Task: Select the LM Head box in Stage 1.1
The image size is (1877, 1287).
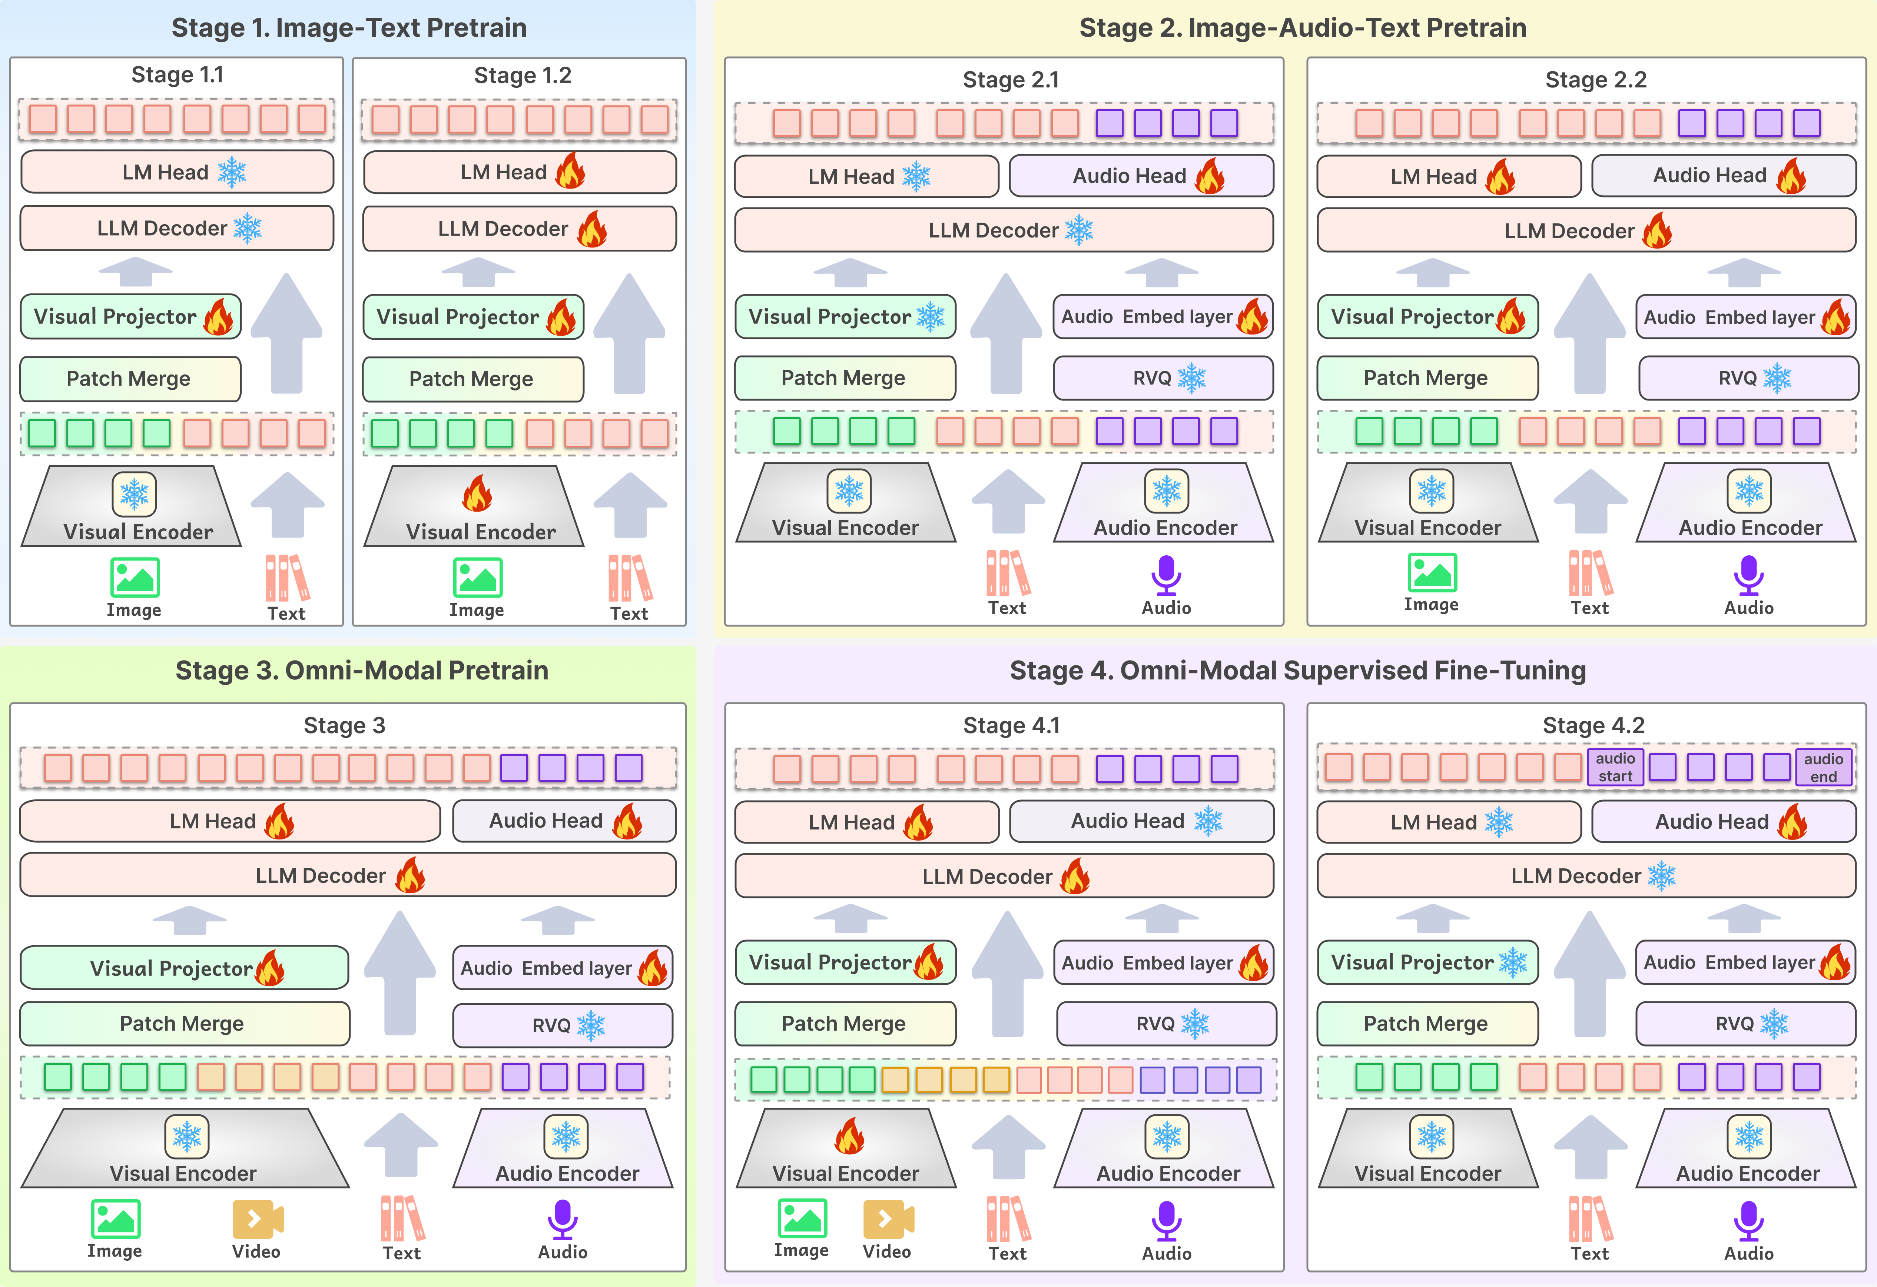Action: (177, 172)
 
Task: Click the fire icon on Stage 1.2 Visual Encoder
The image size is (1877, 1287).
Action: (477, 493)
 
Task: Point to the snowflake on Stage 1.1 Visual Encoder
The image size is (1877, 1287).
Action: (134, 493)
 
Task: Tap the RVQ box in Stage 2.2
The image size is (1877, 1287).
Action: (1748, 378)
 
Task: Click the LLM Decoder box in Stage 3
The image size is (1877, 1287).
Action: (347, 875)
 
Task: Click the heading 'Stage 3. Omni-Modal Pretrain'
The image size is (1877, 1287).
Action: (362, 670)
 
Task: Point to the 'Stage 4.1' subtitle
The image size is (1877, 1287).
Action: (1011, 725)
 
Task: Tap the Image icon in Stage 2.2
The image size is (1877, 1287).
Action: (1432, 573)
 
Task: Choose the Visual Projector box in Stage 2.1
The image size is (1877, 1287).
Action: (845, 316)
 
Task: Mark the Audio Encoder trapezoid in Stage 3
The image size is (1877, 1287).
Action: (566, 1151)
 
